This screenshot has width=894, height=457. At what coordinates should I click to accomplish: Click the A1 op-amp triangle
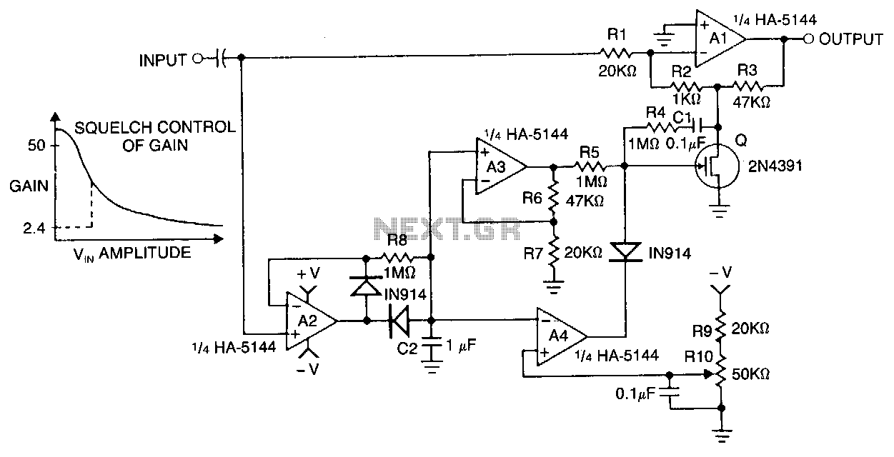coord(718,39)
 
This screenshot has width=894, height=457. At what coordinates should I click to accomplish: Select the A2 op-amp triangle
coord(309,321)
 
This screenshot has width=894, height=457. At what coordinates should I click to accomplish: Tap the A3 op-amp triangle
coord(499,166)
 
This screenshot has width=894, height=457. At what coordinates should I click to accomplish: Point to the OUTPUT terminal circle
coord(808,39)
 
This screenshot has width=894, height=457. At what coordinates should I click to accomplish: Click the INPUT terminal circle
coord(197,59)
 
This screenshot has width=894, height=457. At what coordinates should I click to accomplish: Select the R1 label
coord(617,35)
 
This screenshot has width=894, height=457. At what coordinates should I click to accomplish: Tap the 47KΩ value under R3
coord(751,103)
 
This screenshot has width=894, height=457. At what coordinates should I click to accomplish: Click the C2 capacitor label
coord(407,348)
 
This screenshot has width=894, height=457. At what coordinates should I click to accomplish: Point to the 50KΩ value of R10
coord(750,374)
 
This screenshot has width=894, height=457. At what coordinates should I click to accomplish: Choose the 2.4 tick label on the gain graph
coord(34,228)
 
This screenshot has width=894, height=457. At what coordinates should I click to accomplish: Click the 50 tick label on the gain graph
coord(36,145)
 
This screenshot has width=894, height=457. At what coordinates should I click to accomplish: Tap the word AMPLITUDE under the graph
coord(145,253)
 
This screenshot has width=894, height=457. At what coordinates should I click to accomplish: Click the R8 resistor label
coord(397,240)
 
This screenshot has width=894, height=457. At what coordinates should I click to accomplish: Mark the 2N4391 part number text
coord(775,166)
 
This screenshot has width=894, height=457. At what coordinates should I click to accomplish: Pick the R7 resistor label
coord(534,253)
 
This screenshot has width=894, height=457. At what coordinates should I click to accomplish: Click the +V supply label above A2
coord(309,273)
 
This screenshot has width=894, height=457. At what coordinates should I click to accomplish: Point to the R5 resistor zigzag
coord(591,166)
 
